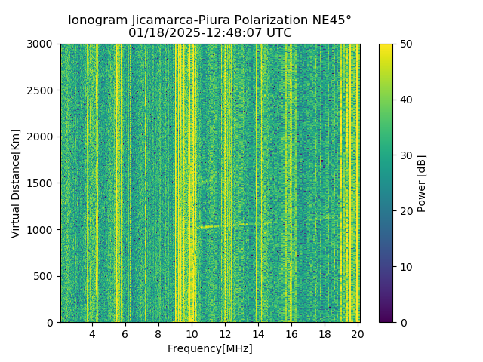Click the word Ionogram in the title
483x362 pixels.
97,20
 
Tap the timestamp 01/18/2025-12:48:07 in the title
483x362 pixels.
197,33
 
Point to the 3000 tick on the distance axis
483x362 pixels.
43,44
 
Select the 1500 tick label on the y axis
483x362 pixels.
43,183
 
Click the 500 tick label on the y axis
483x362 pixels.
46,276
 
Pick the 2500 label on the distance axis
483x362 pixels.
43,90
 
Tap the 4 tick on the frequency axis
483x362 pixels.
92,333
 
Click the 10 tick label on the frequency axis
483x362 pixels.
192,333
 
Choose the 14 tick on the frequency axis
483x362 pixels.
258,333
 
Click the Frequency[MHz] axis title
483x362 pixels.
210,348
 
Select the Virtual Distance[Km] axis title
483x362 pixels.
16,183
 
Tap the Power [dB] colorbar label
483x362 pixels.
422,183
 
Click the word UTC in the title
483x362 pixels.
278,33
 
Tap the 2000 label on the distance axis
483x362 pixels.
43,137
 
